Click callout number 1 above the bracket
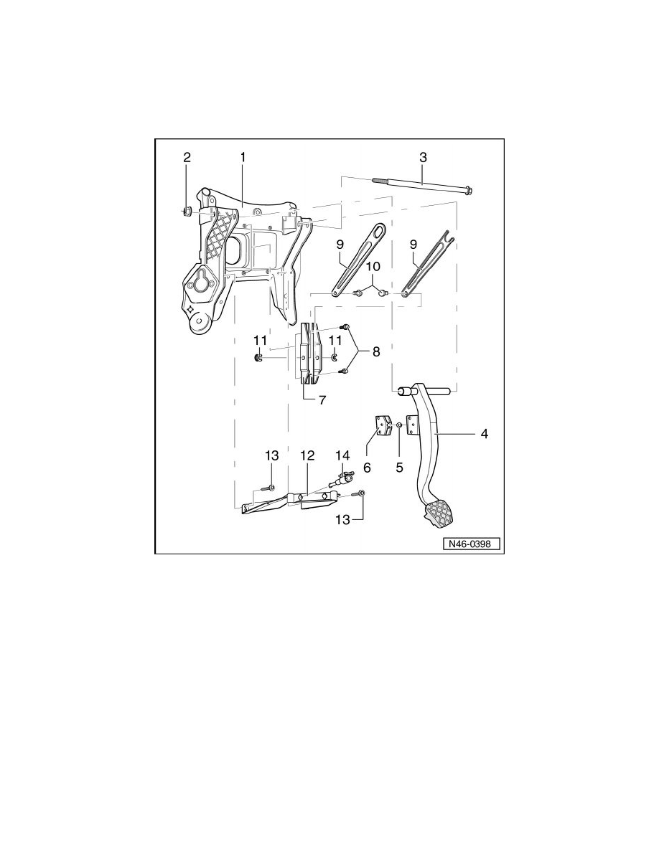tap(243, 156)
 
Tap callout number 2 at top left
tap(187, 156)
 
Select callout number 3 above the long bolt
tap(423, 156)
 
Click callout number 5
tap(400, 466)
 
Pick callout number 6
tap(367, 466)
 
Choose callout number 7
tap(322, 400)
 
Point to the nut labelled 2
tap(185, 211)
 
